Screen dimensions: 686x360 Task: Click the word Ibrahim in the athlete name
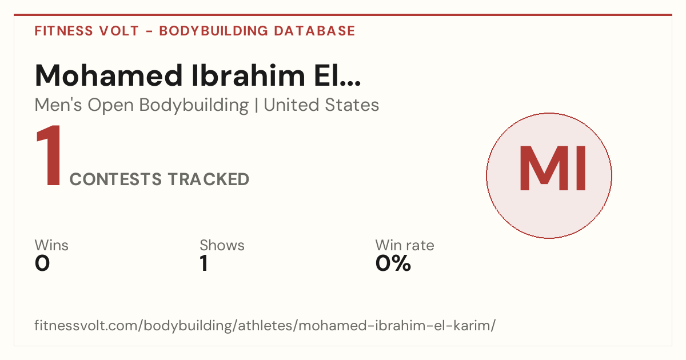pyautogui.click(x=248, y=75)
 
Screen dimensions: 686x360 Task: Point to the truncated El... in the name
pyautogui.click(x=337, y=75)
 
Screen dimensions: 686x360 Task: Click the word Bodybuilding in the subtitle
pyautogui.click(x=194, y=105)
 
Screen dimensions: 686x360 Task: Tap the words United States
pyautogui.click(x=321, y=105)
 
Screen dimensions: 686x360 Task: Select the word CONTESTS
pyautogui.click(x=115, y=179)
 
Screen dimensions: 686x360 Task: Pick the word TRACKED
pyautogui.click(x=209, y=179)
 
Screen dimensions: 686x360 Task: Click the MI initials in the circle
pyautogui.click(x=553, y=169)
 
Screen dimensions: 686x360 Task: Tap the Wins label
pyautogui.click(x=51, y=245)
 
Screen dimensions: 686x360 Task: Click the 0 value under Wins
pyautogui.click(x=42, y=263)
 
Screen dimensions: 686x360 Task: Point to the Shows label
pyautogui.click(x=222, y=245)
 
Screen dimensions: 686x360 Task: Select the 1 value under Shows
pyautogui.click(x=204, y=263)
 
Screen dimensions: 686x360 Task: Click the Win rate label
pyautogui.click(x=405, y=245)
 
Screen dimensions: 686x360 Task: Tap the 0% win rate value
pyautogui.click(x=393, y=263)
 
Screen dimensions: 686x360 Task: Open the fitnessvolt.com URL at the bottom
pyautogui.click(x=265, y=325)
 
